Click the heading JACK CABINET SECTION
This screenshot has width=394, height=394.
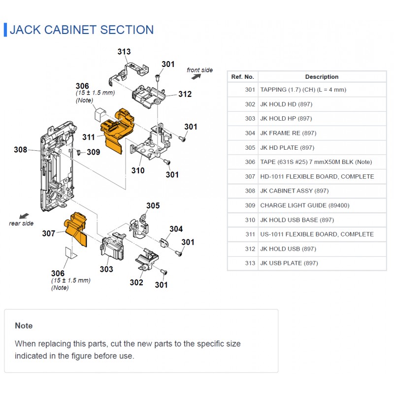point(82,30)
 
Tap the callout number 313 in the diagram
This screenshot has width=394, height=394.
point(124,52)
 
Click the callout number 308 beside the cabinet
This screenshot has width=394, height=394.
point(20,150)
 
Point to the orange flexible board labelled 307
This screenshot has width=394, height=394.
point(76,228)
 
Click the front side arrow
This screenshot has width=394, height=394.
point(196,77)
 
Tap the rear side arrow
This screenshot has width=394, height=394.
point(24,216)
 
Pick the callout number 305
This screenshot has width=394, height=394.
point(153,205)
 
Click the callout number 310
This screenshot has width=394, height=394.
point(138,170)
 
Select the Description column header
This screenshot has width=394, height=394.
point(322,77)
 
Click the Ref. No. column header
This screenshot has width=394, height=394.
point(242,77)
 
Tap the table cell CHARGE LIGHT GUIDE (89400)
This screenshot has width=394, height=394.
point(304,205)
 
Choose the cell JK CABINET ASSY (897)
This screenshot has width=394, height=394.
point(294,191)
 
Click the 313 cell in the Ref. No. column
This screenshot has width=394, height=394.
point(250,263)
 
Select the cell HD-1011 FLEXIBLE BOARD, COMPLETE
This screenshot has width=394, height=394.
point(317,177)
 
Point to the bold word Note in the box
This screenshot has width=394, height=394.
point(24,326)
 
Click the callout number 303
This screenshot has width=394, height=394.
point(106,269)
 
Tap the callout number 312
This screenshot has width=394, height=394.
point(185,94)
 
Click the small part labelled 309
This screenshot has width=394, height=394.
point(78,152)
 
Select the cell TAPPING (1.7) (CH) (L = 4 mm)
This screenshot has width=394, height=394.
point(303,90)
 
